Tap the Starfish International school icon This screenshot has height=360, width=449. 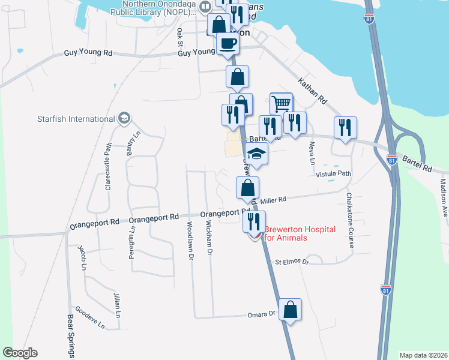(125, 117)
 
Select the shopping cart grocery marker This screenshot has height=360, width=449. (281, 104)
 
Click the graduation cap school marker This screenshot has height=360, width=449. (257, 154)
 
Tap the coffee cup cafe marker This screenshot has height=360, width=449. (227, 43)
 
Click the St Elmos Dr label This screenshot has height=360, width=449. (292, 262)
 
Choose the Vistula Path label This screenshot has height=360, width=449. (333, 174)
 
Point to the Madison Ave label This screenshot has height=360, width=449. (444, 197)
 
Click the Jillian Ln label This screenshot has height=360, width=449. (116, 305)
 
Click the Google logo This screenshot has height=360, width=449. (20, 353)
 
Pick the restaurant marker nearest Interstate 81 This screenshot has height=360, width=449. (345, 127)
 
